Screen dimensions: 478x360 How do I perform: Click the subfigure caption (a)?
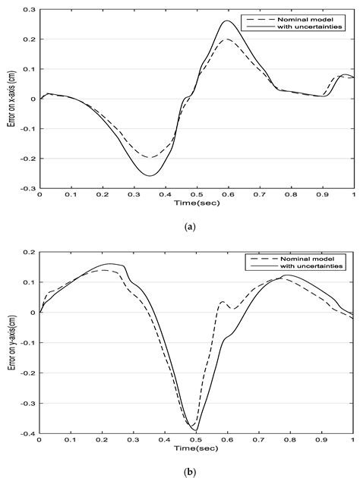pyautogui.click(x=196, y=225)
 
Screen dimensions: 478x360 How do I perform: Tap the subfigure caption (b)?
pyautogui.click(x=196, y=470)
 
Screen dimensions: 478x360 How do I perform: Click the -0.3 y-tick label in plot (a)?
pyautogui.click(x=28, y=187)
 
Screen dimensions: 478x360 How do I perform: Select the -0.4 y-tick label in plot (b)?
pyautogui.click(x=28, y=434)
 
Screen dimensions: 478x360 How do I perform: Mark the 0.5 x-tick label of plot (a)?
pyautogui.click(x=196, y=195)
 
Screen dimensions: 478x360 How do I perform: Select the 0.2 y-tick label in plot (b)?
pyautogui.click(x=30, y=252)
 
